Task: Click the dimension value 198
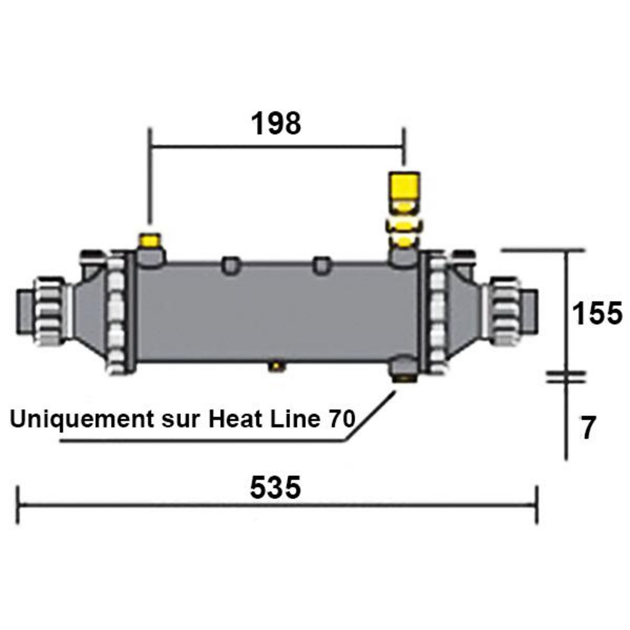click(x=276, y=124)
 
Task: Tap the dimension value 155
click(x=597, y=314)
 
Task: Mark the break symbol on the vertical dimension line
click(x=565, y=376)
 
